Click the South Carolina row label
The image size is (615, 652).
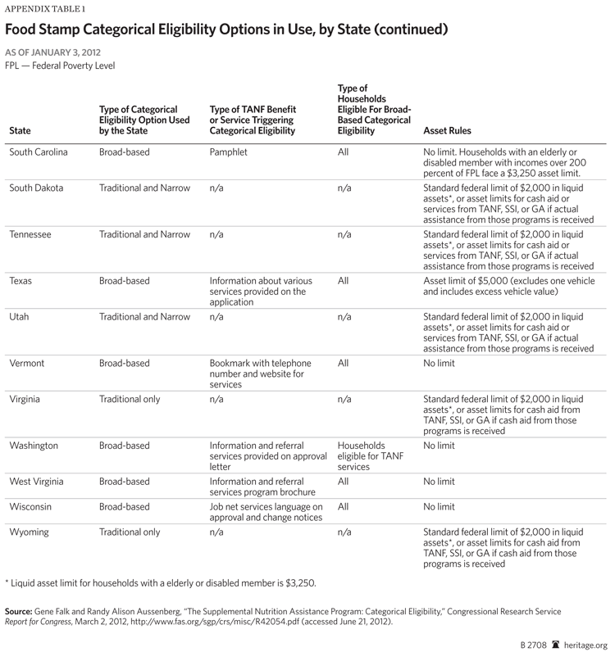pyautogui.click(x=38, y=152)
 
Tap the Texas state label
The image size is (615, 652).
pyautogui.click(x=21, y=281)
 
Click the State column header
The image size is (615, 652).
pyautogui.click(x=20, y=130)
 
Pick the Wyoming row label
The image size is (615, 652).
pyautogui.click(x=30, y=532)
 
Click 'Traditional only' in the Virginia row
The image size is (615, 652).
pyautogui.click(x=129, y=400)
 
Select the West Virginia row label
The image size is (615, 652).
pyautogui.click(x=36, y=482)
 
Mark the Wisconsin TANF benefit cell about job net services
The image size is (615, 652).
pyautogui.click(x=266, y=513)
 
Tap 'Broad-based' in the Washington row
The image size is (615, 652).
pyautogui.click(x=124, y=446)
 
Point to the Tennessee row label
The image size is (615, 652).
pyautogui.click(x=30, y=234)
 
